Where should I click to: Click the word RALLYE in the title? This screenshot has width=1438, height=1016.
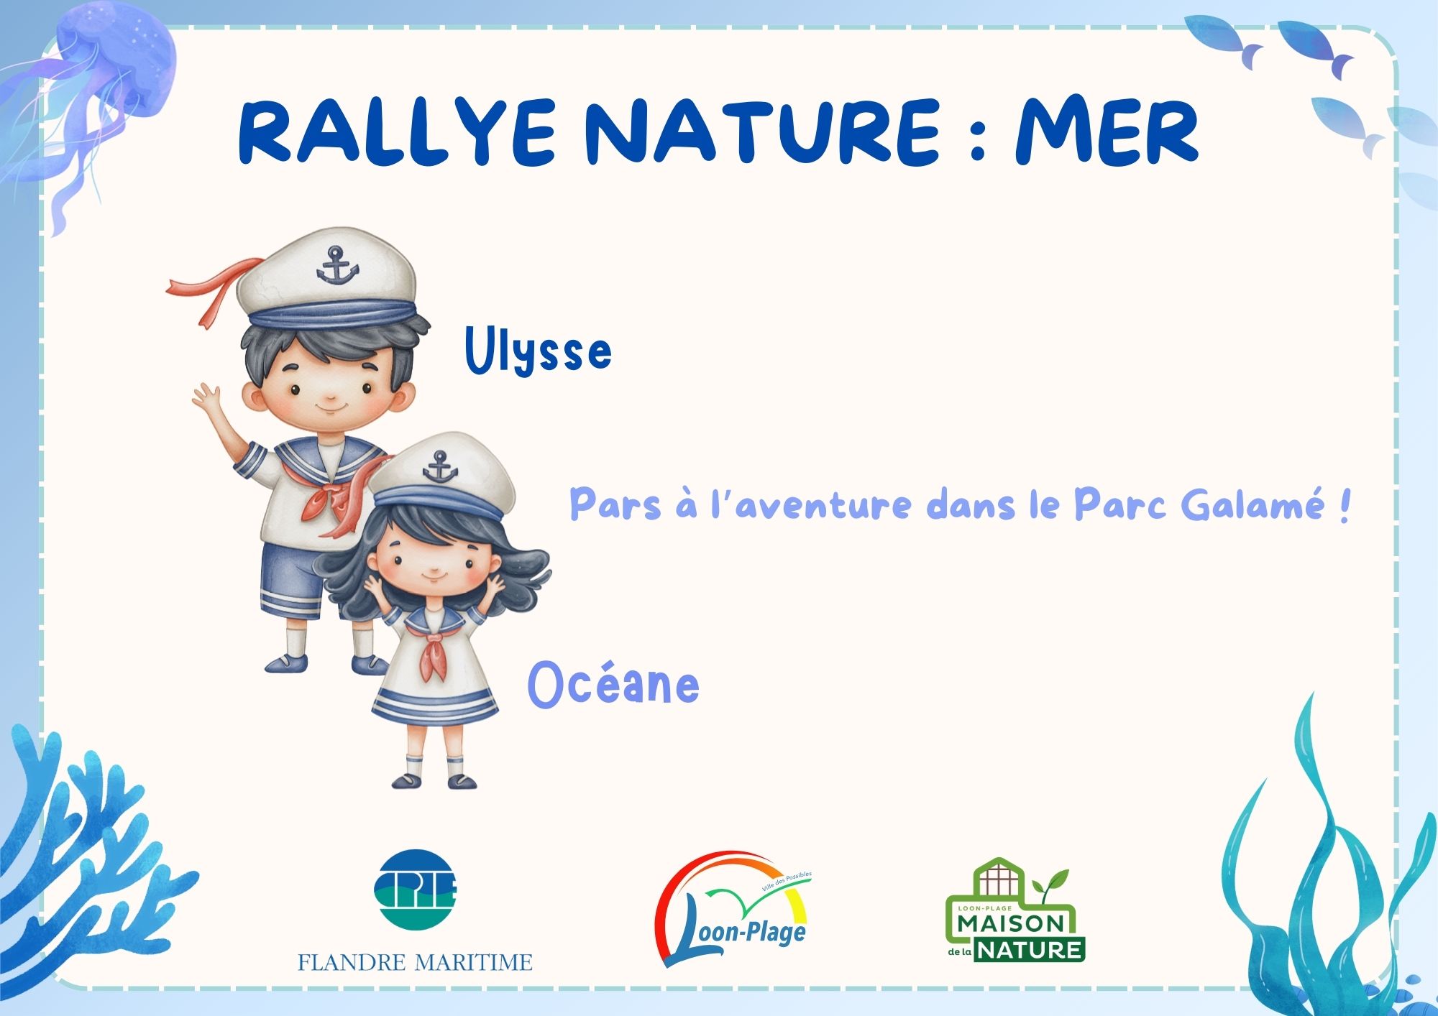[x=396, y=132]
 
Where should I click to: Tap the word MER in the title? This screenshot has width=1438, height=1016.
[x=1107, y=132]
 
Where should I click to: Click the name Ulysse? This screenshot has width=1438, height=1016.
[x=538, y=350]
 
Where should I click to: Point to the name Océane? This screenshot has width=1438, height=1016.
[x=613, y=684]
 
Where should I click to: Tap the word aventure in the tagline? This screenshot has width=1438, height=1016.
[x=824, y=504]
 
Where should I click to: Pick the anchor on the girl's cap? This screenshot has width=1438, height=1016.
[x=440, y=467]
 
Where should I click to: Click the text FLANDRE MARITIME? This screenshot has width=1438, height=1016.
[x=416, y=962]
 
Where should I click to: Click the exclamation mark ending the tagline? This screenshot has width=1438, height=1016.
[x=1344, y=504]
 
